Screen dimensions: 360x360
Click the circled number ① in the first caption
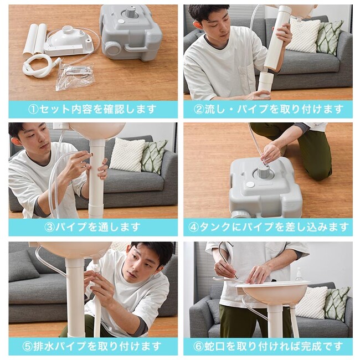(34, 109)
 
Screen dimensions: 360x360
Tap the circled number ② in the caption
(199, 109)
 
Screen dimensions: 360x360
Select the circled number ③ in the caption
(49, 227)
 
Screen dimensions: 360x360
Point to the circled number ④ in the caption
(193, 227)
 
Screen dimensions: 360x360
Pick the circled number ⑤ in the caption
(28, 346)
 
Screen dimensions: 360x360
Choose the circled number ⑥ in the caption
(199, 346)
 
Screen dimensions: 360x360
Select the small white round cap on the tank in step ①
(121, 21)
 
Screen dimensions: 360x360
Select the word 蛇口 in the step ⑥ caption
(214, 346)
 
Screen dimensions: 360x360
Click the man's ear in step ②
(198, 25)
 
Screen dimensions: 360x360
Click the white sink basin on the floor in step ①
(69, 42)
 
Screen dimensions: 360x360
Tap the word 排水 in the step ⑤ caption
(44, 346)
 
